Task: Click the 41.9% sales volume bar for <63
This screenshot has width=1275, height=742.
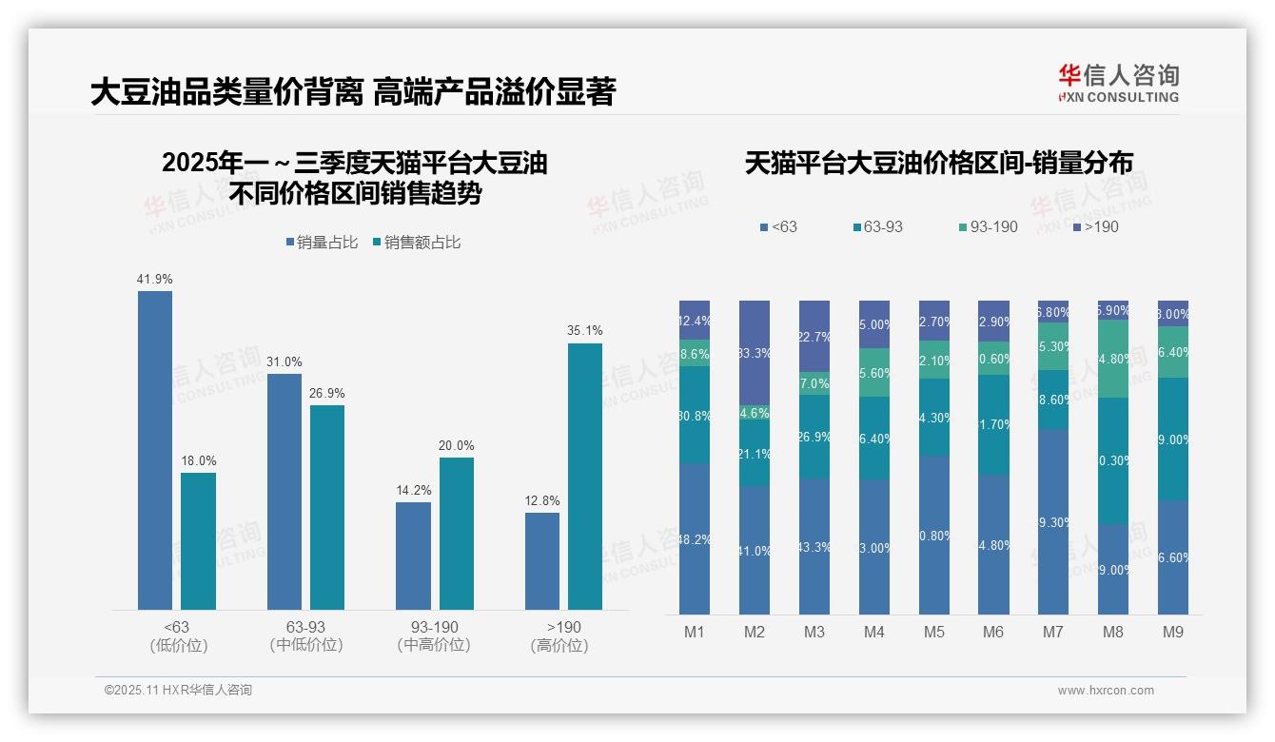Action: (x=155, y=450)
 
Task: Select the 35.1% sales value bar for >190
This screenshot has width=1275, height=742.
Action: (x=585, y=476)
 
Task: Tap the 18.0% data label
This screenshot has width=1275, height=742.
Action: (x=199, y=461)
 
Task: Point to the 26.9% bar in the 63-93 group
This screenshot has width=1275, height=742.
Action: (x=327, y=507)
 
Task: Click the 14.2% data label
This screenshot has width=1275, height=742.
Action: (x=414, y=491)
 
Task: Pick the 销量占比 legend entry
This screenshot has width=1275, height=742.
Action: (x=322, y=243)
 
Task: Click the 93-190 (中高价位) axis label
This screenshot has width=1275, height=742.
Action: (x=434, y=636)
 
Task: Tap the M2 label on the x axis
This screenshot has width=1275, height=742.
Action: (x=755, y=632)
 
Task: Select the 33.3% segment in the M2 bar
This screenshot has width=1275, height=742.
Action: (x=755, y=353)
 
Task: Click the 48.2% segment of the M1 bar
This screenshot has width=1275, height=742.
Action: (x=695, y=538)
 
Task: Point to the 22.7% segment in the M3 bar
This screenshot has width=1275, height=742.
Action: (x=814, y=336)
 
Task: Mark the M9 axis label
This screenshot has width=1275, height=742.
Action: (x=1173, y=632)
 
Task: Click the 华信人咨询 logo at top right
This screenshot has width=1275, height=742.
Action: (x=1118, y=83)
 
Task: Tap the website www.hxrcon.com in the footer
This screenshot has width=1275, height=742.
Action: (x=1106, y=691)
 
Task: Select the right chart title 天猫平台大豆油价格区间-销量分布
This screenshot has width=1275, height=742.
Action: (x=938, y=164)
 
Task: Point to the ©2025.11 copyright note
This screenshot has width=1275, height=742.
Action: (x=178, y=691)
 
